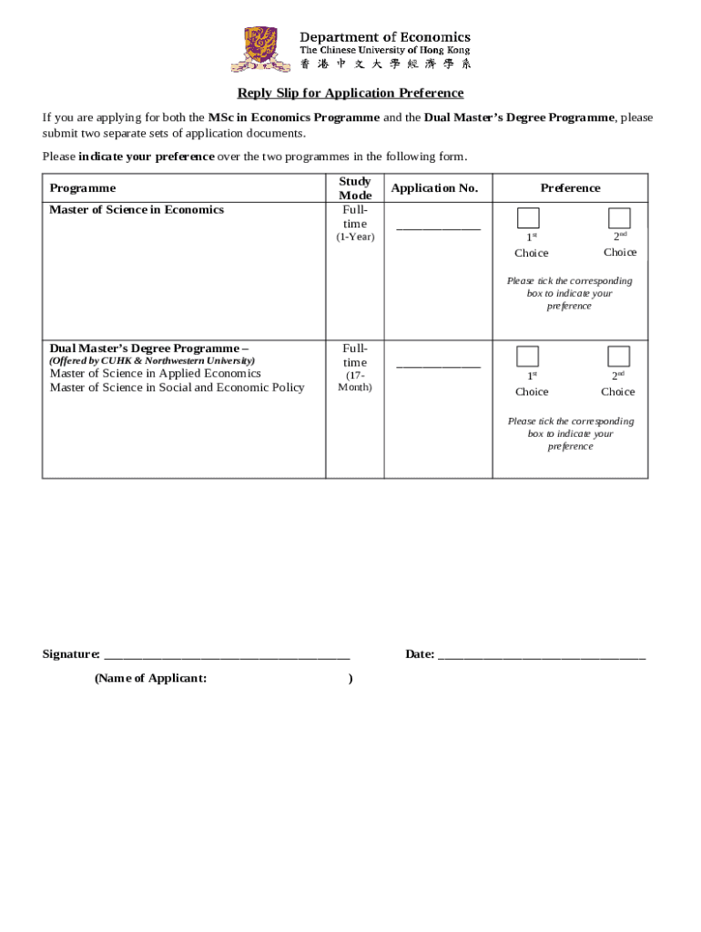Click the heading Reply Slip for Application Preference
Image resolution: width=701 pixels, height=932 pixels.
(350, 93)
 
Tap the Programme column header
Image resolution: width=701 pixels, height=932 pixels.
(83, 188)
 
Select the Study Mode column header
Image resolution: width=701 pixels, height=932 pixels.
(355, 188)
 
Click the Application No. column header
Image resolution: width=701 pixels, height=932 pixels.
(434, 188)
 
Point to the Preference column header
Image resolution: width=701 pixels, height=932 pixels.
(570, 188)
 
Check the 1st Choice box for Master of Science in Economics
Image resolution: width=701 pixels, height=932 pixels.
(528, 218)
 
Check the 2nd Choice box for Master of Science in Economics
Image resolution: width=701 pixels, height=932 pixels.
(619, 218)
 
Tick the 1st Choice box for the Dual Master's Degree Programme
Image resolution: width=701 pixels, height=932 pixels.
(528, 356)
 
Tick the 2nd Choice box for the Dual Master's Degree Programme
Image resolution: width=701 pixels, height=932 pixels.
(619, 356)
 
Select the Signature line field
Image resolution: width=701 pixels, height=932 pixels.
(227, 653)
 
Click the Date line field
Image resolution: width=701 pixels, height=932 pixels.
(542, 653)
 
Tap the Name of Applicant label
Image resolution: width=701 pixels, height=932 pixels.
(150, 678)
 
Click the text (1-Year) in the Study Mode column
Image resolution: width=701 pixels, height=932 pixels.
(355, 238)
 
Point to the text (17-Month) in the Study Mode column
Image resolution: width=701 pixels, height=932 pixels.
(355, 381)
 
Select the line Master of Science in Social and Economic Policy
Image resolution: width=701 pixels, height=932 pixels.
(177, 388)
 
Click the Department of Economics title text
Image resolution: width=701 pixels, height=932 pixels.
(385, 36)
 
